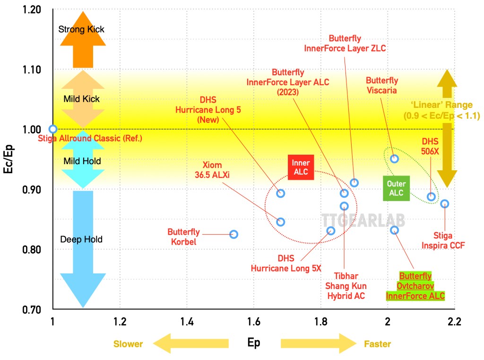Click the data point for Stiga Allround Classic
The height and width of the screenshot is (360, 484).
pos(53,129)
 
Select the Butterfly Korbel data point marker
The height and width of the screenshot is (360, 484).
pos(233,234)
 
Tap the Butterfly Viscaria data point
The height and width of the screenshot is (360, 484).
pos(394,158)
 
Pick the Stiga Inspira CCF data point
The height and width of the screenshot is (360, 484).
pos(445,204)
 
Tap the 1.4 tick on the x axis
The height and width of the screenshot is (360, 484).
pos(187,323)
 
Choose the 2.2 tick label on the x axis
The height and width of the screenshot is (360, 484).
pos(454,323)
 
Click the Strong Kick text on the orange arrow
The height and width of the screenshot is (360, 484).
pos(81,29)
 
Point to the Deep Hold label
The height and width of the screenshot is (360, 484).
pos(81,239)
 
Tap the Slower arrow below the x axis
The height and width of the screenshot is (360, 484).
pos(189,343)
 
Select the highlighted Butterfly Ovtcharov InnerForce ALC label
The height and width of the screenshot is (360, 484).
pos(415,286)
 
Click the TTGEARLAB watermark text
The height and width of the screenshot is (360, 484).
pos(363,220)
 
